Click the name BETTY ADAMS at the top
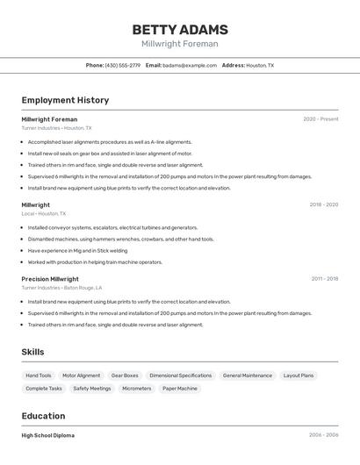pyautogui.click(x=180, y=30)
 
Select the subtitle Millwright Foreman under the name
pyautogui.click(x=180, y=44)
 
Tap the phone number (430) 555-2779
pyautogui.click(x=123, y=65)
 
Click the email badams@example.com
pyautogui.click(x=190, y=65)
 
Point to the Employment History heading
pyautogui.click(x=65, y=100)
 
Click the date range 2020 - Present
pyautogui.click(x=320, y=119)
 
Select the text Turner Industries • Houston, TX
pyautogui.click(x=56, y=128)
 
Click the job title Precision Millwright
pyautogui.click(x=50, y=279)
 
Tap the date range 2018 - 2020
pyautogui.click(x=323, y=204)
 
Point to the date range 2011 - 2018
pyautogui.click(x=324, y=279)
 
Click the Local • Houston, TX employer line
pyautogui.click(x=44, y=213)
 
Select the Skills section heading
pyautogui.click(x=32, y=352)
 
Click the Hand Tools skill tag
pyautogui.click(x=39, y=376)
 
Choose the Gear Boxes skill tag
pyautogui.click(x=125, y=376)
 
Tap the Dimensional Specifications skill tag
pyautogui.click(x=180, y=376)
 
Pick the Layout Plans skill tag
pyautogui.click(x=299, y=376)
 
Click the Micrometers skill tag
pyautogui.click(x=137, y=388)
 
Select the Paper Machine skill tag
pyautogui.click(x=180, y=388)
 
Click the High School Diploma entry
pyautogui.click(x=48, y=435)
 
